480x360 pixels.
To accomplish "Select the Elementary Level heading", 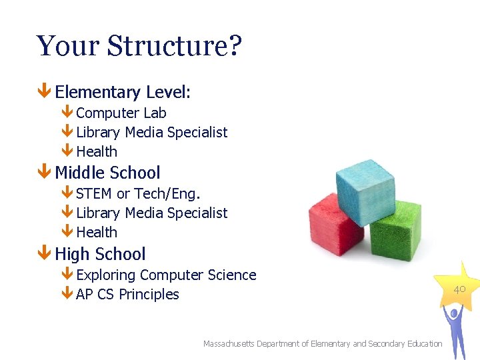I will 123,92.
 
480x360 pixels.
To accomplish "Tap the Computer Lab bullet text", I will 121,113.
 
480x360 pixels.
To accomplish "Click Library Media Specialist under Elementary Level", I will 151,133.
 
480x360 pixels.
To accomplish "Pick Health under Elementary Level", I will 97,152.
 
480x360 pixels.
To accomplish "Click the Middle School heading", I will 107,173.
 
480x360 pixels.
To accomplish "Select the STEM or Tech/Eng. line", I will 138,194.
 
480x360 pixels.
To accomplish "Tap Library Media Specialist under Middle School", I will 151,213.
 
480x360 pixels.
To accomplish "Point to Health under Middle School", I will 97,233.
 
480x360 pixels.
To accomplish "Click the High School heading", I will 100,254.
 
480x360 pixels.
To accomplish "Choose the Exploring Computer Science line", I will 166,275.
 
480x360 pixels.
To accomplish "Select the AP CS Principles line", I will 127,295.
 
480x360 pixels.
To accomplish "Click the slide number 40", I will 459,289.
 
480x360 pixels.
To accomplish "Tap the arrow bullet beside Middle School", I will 44,173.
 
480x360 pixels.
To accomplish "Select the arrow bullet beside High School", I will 44,254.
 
